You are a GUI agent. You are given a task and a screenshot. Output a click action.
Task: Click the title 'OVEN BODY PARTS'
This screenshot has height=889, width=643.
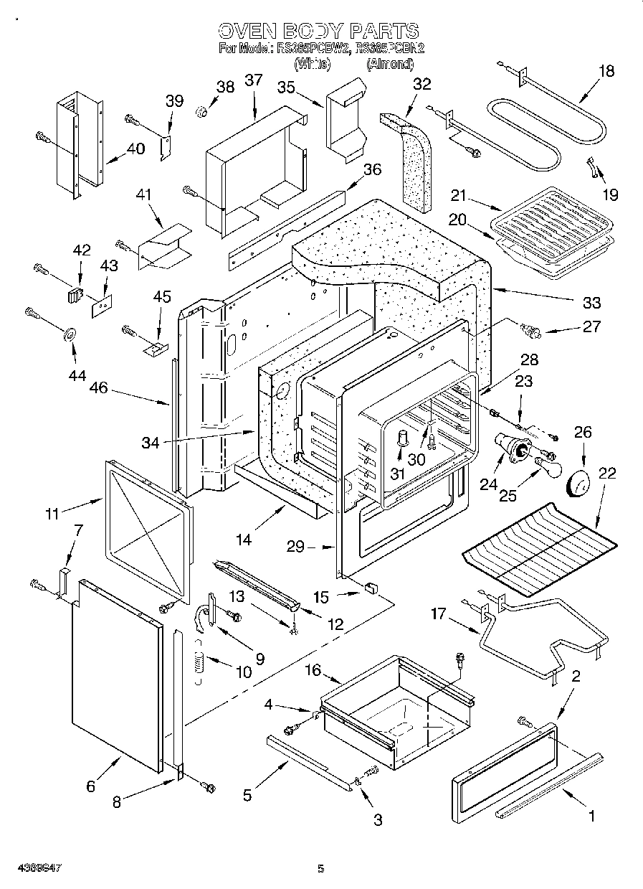(318, 31)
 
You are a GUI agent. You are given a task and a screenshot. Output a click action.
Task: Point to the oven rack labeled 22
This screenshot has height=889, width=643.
(539, 549)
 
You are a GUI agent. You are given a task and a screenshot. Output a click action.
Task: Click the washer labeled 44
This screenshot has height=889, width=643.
(71, 334)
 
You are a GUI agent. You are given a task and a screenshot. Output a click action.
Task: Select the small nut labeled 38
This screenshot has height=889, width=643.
(202, 110)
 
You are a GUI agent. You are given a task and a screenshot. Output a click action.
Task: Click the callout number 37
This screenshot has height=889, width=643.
(254, 80)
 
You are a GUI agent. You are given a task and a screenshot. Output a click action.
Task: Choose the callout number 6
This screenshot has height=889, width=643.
(90, 786)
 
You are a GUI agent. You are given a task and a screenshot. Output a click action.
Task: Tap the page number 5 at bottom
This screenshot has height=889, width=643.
(321, 869)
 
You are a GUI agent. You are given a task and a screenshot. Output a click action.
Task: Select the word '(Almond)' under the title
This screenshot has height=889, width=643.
(390, 64)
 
